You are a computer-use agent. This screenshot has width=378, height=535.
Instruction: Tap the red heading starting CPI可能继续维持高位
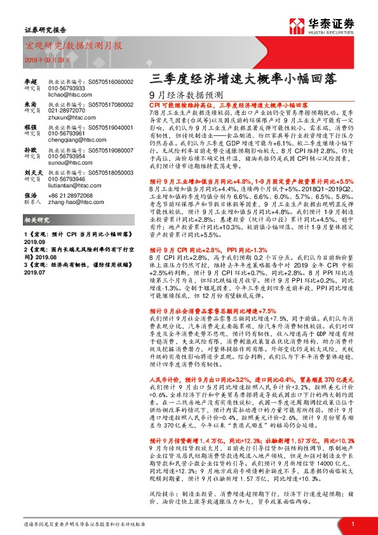click(229, 104)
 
